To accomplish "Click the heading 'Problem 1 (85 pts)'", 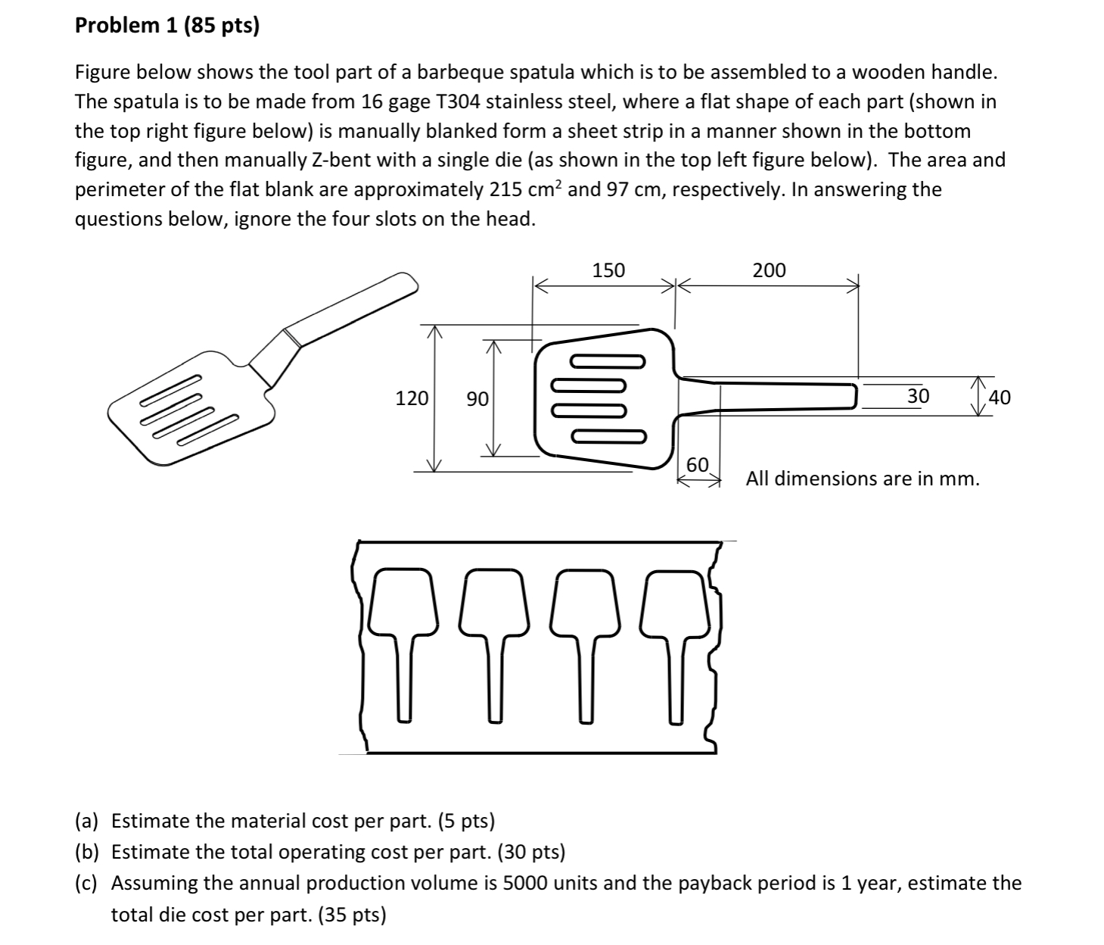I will tap(166, 27).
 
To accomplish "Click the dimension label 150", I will tap(608, 270).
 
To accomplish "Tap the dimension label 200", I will tap(769, 270).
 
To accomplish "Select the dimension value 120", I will tap(412, 398).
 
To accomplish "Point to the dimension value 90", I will tap(477, 398).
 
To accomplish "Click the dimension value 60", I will tap(697, 464).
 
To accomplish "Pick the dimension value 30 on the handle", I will tap(918, 396).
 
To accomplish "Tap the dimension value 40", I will tap(1000, 398).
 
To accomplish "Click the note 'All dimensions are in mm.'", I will tap(863, 479).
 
